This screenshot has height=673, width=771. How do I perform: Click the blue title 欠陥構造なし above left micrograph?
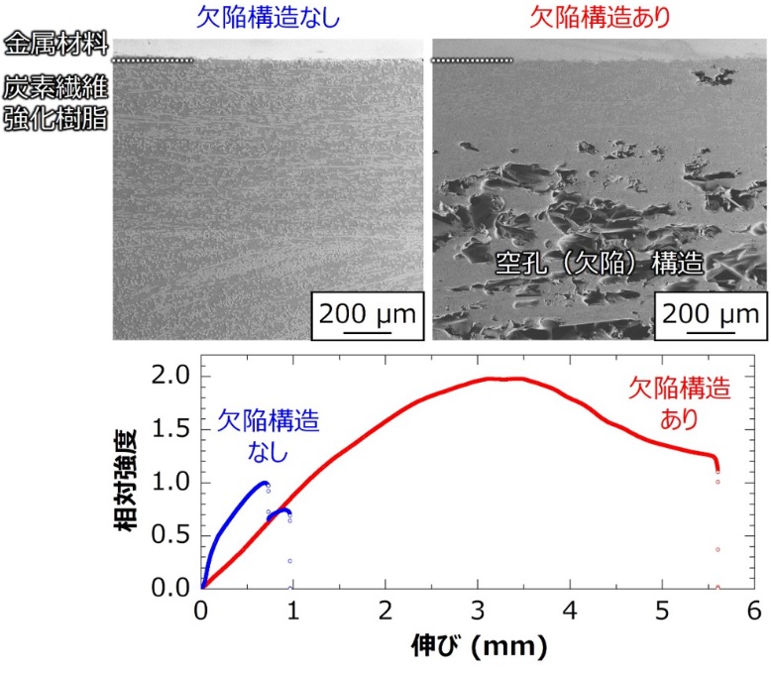point(268,18)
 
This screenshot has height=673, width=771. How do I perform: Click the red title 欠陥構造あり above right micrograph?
point(598,18)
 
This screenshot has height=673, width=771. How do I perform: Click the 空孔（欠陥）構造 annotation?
point(600,265)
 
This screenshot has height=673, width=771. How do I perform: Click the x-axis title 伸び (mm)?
point(479,649)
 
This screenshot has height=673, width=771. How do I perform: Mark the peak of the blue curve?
point(264,483)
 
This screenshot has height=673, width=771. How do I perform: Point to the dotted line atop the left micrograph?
point(154,60)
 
